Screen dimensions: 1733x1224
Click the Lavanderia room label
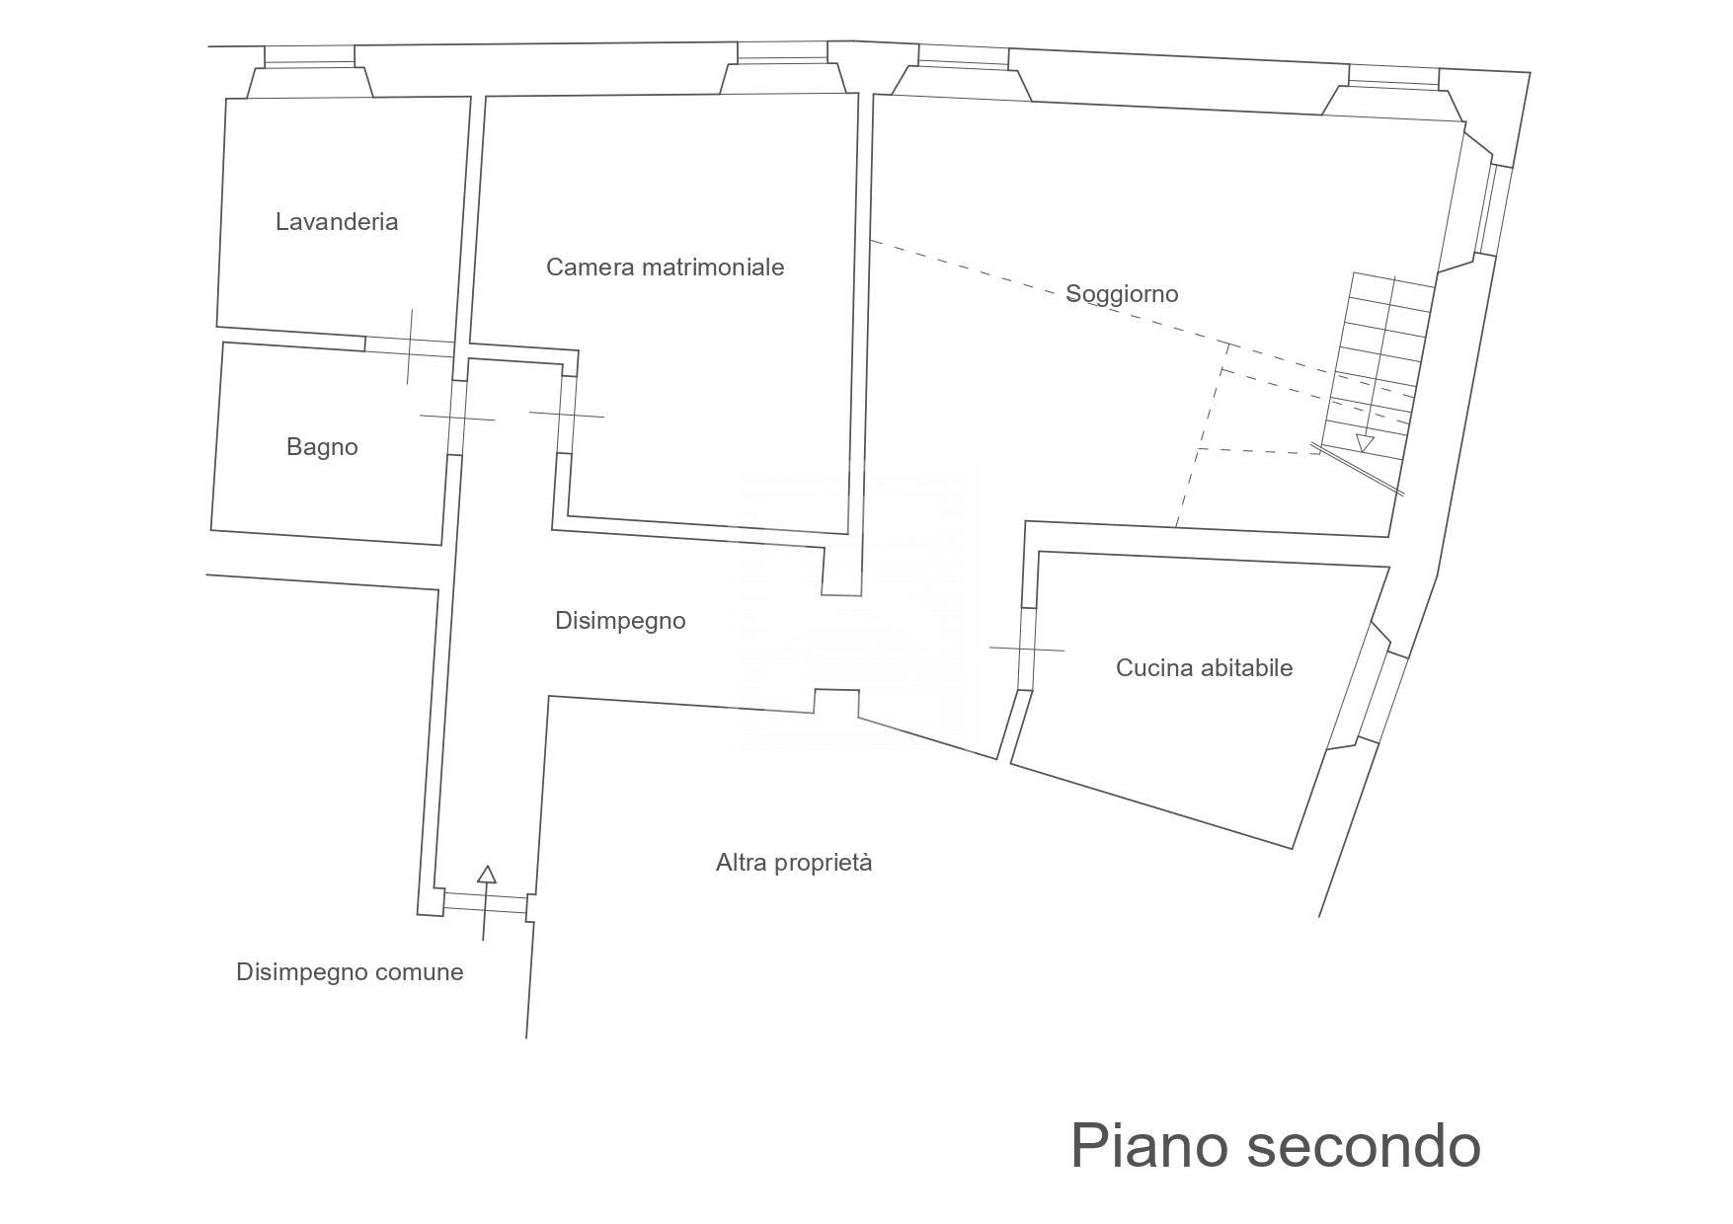337,222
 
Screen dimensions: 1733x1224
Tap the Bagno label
322,447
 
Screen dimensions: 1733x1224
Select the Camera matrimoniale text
666,268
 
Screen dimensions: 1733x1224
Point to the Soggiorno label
1122,294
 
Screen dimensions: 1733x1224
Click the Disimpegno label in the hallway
620,621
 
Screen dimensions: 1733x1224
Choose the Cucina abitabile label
1204,668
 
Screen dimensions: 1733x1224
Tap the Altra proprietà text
794,863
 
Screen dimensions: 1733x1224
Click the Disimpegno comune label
350,972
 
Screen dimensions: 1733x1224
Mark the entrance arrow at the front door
486,902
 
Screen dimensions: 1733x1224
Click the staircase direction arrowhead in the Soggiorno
1365,443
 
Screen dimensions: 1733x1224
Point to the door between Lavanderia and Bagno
410,346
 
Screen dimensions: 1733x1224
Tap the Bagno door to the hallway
456,418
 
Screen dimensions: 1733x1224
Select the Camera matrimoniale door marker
567,415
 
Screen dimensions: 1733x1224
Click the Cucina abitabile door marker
1027,649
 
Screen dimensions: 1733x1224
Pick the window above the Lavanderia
309,71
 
